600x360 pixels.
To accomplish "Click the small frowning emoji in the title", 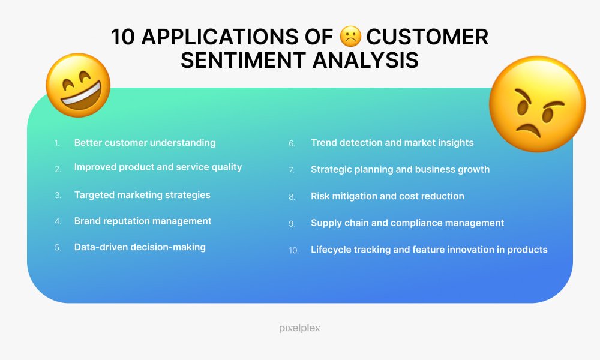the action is [350, 37].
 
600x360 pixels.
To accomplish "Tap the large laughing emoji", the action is [79, 85].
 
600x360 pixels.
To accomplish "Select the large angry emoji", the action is [537, 104].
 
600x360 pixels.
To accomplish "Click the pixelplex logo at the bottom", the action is [299, 328].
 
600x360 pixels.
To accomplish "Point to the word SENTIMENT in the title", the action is [243, 61].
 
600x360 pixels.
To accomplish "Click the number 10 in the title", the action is [123, 37].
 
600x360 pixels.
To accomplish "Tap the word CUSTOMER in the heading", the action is [427, 37].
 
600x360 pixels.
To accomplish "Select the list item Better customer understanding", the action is [145, 143].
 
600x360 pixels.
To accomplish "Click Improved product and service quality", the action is [158, 167].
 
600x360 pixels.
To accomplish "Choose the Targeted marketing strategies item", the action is [142, 195].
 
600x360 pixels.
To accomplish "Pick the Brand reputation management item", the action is [143, 221].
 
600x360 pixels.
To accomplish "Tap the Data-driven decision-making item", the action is [140, 247].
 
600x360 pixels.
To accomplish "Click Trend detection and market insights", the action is [392, 143].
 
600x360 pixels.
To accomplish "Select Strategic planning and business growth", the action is [400, 169].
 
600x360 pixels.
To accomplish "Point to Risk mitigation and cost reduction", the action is [387, 196].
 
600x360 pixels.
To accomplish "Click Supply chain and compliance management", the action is [407, 223].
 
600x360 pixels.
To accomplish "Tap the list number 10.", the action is [293, 251].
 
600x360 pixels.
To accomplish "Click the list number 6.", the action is [292, 144].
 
